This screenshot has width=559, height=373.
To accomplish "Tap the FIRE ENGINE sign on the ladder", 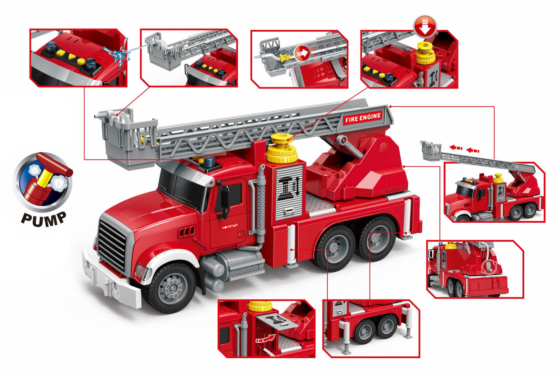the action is pos(363,118).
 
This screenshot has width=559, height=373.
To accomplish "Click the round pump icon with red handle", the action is pos(43,182).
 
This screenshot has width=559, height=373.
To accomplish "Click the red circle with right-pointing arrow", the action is pos(303,53).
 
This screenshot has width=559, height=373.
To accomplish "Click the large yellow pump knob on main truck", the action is pos(282,148).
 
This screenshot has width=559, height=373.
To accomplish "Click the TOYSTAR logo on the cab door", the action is pos(230,226).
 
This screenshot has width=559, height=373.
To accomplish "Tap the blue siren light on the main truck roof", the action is pos(209,162).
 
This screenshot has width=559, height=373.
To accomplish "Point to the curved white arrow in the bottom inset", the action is pos(265,339).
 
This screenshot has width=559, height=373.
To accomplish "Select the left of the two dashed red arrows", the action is pos(456,148).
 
